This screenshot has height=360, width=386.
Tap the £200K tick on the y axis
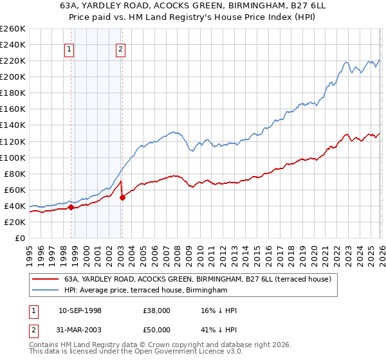(12, 76)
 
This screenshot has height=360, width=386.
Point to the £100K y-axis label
(12, 157)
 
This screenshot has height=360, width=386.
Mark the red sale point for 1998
(71, 207)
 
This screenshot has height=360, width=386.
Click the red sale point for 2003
(122, 197)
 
